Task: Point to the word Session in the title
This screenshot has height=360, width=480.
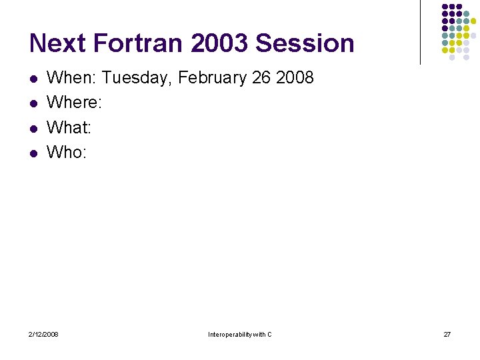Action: [x=305, y=43]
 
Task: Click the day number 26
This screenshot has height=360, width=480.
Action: [x=261, y=78]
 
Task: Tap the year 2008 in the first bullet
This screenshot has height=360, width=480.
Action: [x=295, y=78]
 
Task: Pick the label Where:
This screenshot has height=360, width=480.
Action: [x=74, y=103]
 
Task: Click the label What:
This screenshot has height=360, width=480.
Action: [x=69, y=127]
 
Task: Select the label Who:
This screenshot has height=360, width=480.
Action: [x=67, y=152]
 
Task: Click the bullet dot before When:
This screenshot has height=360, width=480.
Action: [x=33, y=79]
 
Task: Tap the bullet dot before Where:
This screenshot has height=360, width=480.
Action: [x=33, y=104]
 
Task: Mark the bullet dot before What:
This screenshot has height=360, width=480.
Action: [x=33, y=129]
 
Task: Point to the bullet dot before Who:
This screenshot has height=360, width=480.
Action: [x=33, y=153]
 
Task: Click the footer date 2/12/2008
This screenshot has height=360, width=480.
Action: [x=43, y=334]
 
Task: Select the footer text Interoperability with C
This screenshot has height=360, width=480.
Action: [x=240, y=334]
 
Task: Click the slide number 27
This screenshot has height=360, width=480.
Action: [x=447, y=334]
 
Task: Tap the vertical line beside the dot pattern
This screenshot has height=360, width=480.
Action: [x=420, y=32]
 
